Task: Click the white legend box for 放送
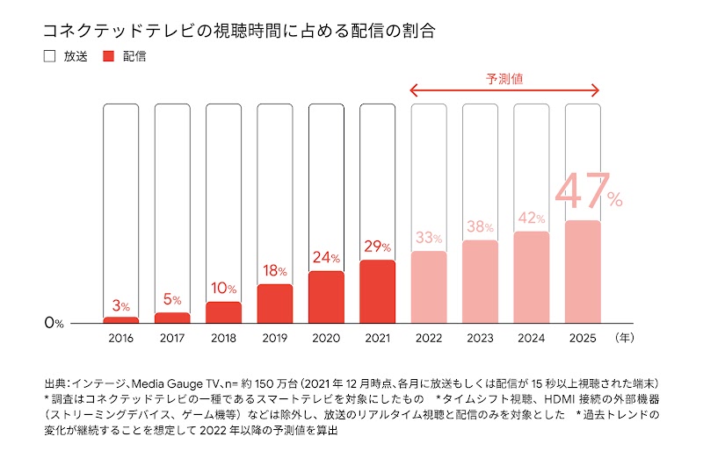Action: (49, 57)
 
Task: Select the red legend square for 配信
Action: (110, 57)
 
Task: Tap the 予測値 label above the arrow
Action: (504, 78)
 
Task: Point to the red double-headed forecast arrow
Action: (504, 90)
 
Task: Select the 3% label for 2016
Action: (121, 306)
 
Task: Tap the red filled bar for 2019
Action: (275, 304)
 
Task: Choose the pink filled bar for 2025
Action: (583, 271)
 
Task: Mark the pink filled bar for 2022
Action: (429, 287)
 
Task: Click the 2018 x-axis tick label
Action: (223, 336)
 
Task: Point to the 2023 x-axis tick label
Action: (480, 336)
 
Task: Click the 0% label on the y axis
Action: (54, 323)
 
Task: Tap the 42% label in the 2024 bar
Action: (532, 218)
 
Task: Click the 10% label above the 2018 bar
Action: (223, 289)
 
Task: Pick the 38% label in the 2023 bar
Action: (480, 226)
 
